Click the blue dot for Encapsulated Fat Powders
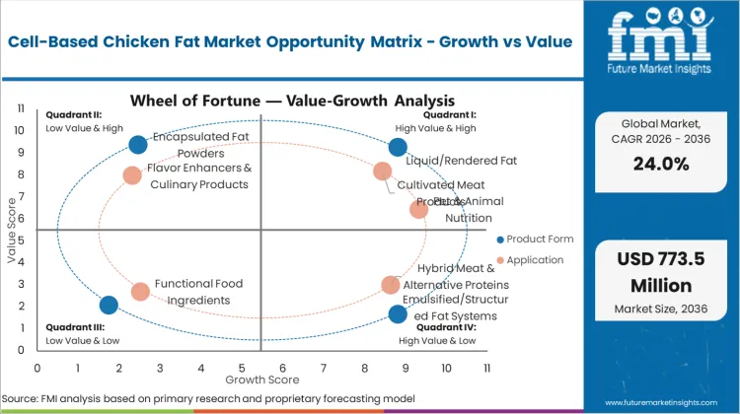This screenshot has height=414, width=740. click(x=138, y=145)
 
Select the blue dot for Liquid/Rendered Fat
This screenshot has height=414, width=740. click(x=398, y=147)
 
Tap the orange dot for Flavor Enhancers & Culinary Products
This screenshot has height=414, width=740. click(x=132, y=175)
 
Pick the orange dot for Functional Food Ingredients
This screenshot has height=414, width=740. click(x=140, y=292)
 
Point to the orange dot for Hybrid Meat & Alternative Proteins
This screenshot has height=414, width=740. click(x=391, y=285)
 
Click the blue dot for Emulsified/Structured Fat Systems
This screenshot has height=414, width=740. click(x=398, y=314)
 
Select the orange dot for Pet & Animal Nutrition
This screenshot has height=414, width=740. click(x=418, y=209)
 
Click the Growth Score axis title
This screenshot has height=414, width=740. click(x=262, y=379)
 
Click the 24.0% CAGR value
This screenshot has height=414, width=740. click(x=659, y=165)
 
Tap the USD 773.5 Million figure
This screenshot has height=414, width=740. click(x=659, y=275)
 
